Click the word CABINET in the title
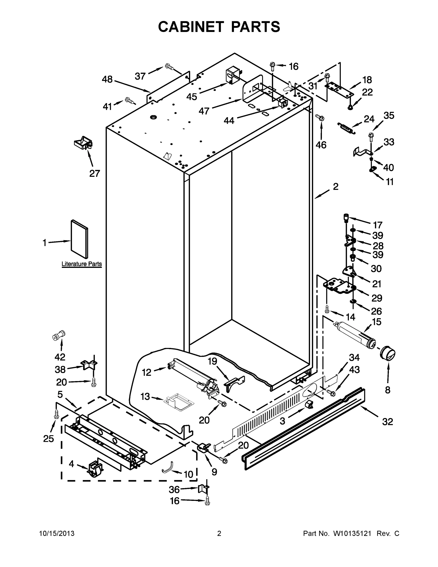click(191, 27)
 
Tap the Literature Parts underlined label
click(81, 264)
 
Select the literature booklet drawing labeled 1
click(79, 239)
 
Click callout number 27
click(94, 173)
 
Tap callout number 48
click(107, 79)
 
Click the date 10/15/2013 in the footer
click(57, 533)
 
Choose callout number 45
click(191, 97)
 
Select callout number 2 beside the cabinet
click(336, 186)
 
